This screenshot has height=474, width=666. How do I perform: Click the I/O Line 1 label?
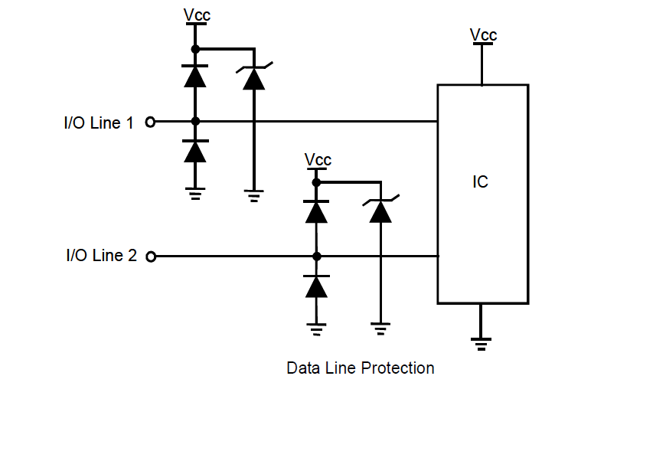pyautogui.click(x=98, y=123)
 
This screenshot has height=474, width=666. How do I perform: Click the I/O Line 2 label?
pyautogui.click(x=101, y=256)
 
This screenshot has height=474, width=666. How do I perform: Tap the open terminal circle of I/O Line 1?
pyautogui.click(x=150, y=122)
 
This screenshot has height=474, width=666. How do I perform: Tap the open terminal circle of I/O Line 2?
pyautogui.click(x=151, y=257)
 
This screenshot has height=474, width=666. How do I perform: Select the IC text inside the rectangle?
pyautogui.click(x=480, y=182)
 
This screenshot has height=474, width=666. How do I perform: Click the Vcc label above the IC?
pyautogui.click(x=483, y=34)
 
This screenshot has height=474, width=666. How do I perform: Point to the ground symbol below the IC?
pyautogui.click(x=482, y=342)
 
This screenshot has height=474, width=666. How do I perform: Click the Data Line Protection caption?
pyautogui.click(x=360, y=368)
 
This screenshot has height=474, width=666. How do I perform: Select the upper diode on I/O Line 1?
pyautogui.click(x=195, y=76)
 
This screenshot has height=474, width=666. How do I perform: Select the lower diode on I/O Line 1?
pyautogui.click(x=195, y=152)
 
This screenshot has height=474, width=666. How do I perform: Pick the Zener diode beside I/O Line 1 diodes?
pyautogui.click(x=253, y=77)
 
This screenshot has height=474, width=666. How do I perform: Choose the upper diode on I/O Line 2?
pyautogui.click(x=316, y=211)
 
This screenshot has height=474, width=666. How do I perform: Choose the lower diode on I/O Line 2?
pyautogui.click(x=316, y=286)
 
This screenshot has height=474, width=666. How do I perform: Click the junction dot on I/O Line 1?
pyautogui.click(x=195, y=121)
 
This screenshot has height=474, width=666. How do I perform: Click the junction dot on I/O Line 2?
pyautogui.click(x=316, y=256)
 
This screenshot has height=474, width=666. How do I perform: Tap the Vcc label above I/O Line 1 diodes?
pyautogui.click(x=197, y=15)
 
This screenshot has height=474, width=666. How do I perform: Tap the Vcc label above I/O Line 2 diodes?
pyautogui.click(x=318, y=159)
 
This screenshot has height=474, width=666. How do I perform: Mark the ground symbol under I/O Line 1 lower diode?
pyautogui.click(x=195, y=193)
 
